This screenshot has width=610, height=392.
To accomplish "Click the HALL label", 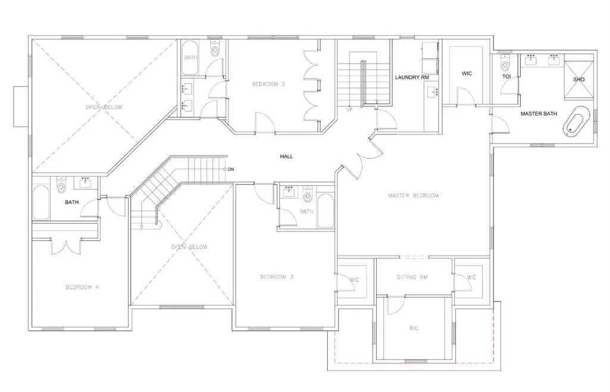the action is tap(286, 157).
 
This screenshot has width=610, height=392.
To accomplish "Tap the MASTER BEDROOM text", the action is tap(413, 195).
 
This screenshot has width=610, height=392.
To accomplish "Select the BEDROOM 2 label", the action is tap(268, 84).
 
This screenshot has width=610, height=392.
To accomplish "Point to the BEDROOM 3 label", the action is tap(277, 277).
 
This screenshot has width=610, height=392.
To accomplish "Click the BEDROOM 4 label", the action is tap(82, 287).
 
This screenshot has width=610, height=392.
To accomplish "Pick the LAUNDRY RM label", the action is tap(412, 77).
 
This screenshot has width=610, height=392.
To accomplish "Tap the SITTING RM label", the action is tap(412, 277).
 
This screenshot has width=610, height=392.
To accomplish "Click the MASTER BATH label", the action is tap(539, 114).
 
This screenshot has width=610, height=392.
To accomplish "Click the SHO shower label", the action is tap(579, 79).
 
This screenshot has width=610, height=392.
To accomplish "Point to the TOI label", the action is tap(506, 77).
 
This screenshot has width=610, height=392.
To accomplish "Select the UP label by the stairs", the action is tap(349, 110).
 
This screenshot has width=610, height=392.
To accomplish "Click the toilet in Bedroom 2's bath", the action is tap(215, 48).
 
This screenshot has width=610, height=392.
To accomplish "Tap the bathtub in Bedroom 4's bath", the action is tap(41, 203).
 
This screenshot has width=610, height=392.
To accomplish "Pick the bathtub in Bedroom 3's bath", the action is tap(326, 211).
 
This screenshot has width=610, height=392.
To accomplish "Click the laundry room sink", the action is tap(432, 92).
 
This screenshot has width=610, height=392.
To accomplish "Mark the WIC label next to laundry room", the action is tap(467, 73).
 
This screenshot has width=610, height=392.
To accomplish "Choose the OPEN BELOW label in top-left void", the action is tap(104, 107).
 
